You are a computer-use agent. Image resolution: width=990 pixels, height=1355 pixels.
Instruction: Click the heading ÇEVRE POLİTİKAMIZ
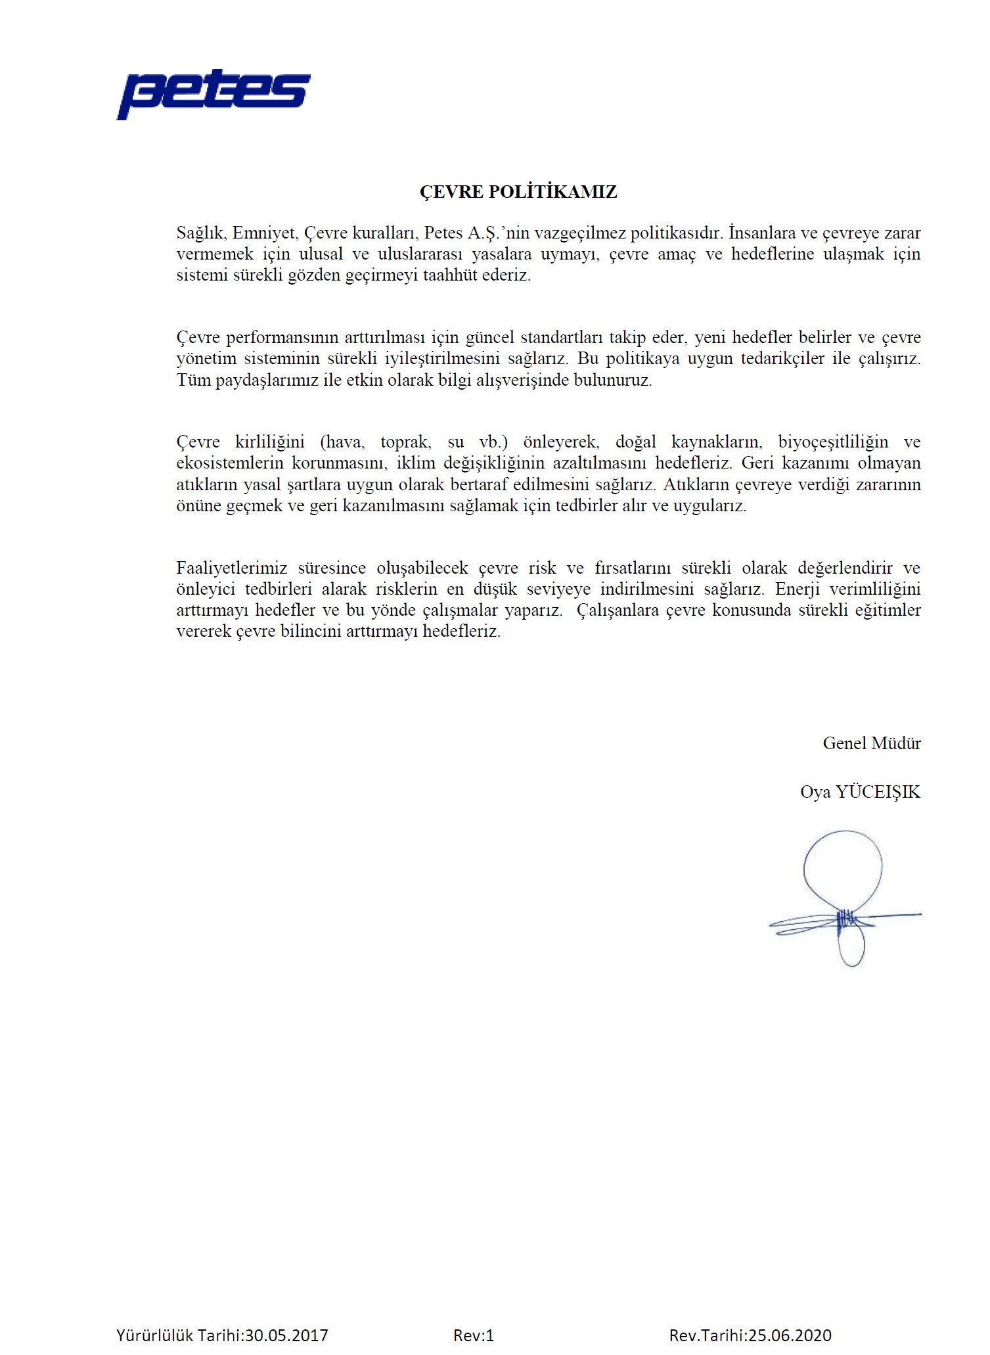tap(518, 192)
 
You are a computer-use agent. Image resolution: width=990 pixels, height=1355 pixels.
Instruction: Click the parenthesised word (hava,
tap(342, 442)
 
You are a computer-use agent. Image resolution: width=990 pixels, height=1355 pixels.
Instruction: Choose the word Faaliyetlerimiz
tap(232, 568)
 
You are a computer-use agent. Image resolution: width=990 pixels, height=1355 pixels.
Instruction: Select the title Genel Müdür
tap(871, 743)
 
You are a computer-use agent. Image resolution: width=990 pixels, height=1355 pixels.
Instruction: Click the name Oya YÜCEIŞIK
tap(860, 792)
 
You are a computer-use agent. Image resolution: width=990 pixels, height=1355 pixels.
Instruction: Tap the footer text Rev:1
tap(473, 1335)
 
